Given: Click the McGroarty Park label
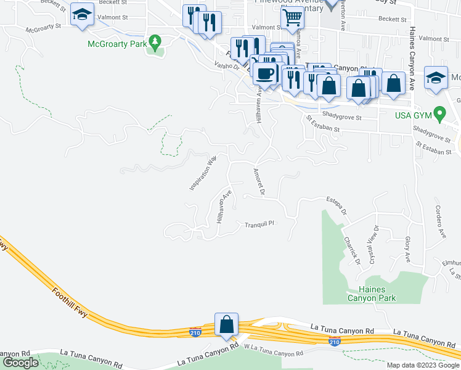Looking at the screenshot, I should click(x=117, y=44).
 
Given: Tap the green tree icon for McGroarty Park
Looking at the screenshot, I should click(x=156, y=43).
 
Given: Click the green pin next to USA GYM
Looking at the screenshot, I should click(x=439, y=114).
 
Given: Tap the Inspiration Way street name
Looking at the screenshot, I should click(x=203, y=173).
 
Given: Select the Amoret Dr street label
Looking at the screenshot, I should click(x=258, y=182).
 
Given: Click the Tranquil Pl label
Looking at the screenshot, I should click(x=259, y=224).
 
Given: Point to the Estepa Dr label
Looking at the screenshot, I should click(x=337, y=206).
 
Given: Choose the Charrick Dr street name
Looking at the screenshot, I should click(x=352, y=250).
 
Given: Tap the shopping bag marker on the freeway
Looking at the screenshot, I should click(x=226, y=325).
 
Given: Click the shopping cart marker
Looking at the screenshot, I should click(x=292, y=20).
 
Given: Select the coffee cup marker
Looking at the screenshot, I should click(x=264, y=74).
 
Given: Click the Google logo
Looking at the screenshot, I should click(x=20, y=363).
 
